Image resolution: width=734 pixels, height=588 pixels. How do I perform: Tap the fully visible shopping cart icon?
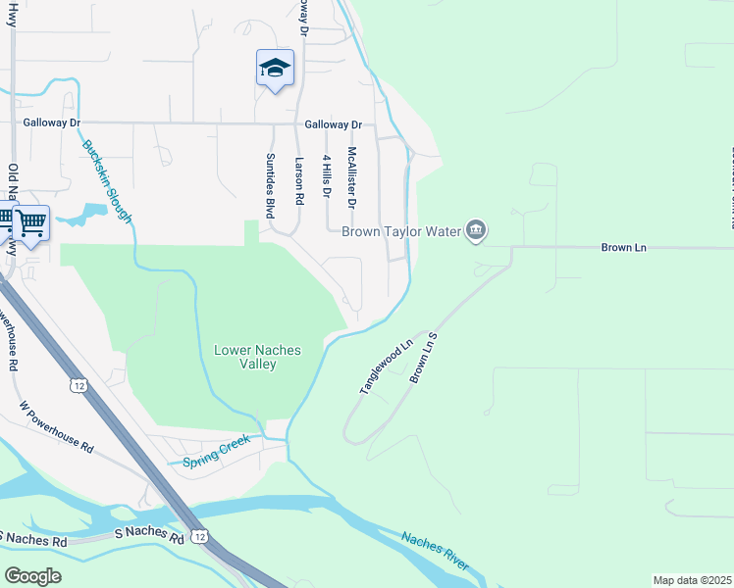pos(31,224)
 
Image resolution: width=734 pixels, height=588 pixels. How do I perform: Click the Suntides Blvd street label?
pos(269,185)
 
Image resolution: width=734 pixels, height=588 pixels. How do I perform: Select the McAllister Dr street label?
pos(350,177)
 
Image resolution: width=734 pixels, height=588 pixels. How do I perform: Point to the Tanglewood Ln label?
pos(384,367)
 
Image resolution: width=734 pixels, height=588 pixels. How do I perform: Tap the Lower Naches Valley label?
pos(258,357)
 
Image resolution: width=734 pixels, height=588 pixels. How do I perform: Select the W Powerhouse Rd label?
pos(57,425)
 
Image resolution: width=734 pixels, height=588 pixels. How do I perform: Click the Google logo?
pos(32,575)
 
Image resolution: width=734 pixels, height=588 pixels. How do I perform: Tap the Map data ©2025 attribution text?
pos(693,580)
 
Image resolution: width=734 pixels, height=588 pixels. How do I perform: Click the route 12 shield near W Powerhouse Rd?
pos(78,384)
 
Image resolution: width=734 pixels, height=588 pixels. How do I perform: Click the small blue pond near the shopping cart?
pos(87,212)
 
